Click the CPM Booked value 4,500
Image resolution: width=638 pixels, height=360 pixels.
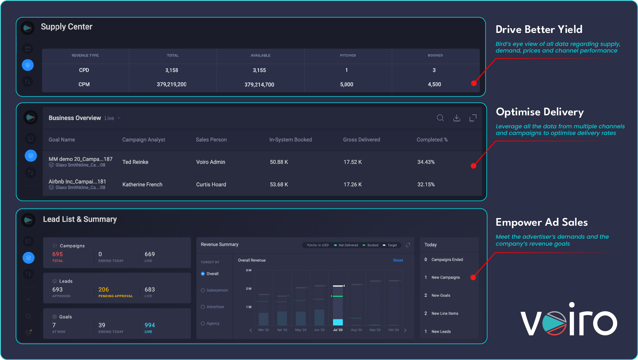point(434,84)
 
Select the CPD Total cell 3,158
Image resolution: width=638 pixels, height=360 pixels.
point(171,70)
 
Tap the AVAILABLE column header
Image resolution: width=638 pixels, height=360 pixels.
point(261,56)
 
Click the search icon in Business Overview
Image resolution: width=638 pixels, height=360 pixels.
point(440,118)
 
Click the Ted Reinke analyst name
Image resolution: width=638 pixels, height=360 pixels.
point(135,162)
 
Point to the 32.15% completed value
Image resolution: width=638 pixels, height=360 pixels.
point(426,184)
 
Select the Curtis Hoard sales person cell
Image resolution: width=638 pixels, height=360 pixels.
point(211,184)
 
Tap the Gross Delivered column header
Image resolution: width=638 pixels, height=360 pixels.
point(362,140)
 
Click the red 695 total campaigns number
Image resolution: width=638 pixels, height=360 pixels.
point(57,254)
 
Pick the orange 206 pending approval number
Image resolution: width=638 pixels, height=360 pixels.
point(104,290)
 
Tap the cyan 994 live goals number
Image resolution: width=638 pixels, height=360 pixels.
point(150,325)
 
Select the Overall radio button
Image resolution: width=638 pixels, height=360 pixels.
point(203,274)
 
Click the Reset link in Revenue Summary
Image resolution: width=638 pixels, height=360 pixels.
point(398,260)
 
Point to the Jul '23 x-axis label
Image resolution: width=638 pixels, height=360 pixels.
point(338,330)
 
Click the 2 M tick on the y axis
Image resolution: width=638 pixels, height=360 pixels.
point(249,289)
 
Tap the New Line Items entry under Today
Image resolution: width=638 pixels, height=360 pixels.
point(445,313)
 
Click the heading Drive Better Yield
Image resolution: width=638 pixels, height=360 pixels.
point(539,29)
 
